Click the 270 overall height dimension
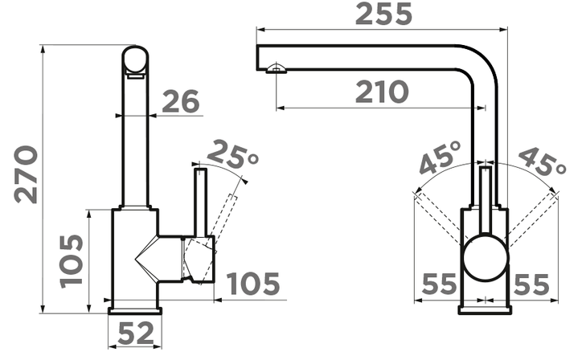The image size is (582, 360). tap(26, 174)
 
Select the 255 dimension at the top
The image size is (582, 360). tap(383, 14)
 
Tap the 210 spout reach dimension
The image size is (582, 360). tap(382, 92)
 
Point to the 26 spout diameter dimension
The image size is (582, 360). tap(181, 101)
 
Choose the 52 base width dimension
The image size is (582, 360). tap(136, 333)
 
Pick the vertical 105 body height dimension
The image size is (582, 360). tap(72, 261)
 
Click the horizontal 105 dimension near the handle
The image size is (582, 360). tap(253, 284)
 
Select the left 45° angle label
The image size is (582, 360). tap(441, 157)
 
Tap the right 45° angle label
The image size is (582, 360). tap(543, 162)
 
